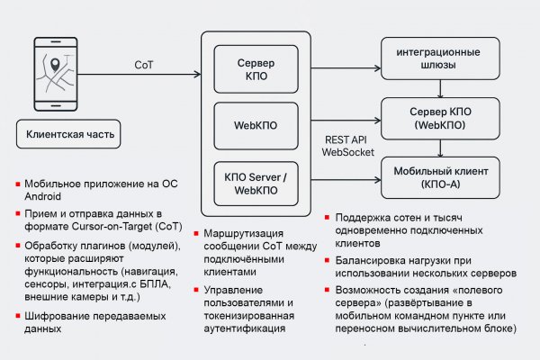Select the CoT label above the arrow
tap(143, 65)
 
